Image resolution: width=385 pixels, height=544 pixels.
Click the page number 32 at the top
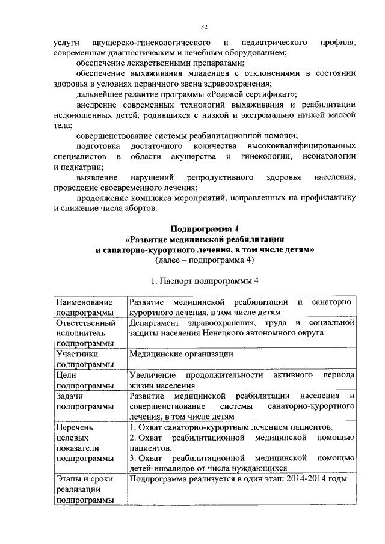click(x=204, y=27)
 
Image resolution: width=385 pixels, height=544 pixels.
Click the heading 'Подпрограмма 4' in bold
click(x=205, y=228)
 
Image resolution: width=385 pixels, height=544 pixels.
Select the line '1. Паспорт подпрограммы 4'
click(x=205, y=280)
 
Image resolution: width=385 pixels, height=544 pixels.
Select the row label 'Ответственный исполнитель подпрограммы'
click(x=84, y=333)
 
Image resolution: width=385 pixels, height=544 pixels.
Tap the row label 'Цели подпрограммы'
click(x=84, y=380)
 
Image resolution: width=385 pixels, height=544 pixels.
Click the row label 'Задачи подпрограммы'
click(x=84, y=402)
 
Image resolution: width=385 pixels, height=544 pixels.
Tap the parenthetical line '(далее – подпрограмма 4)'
click(x=205, y=260)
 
